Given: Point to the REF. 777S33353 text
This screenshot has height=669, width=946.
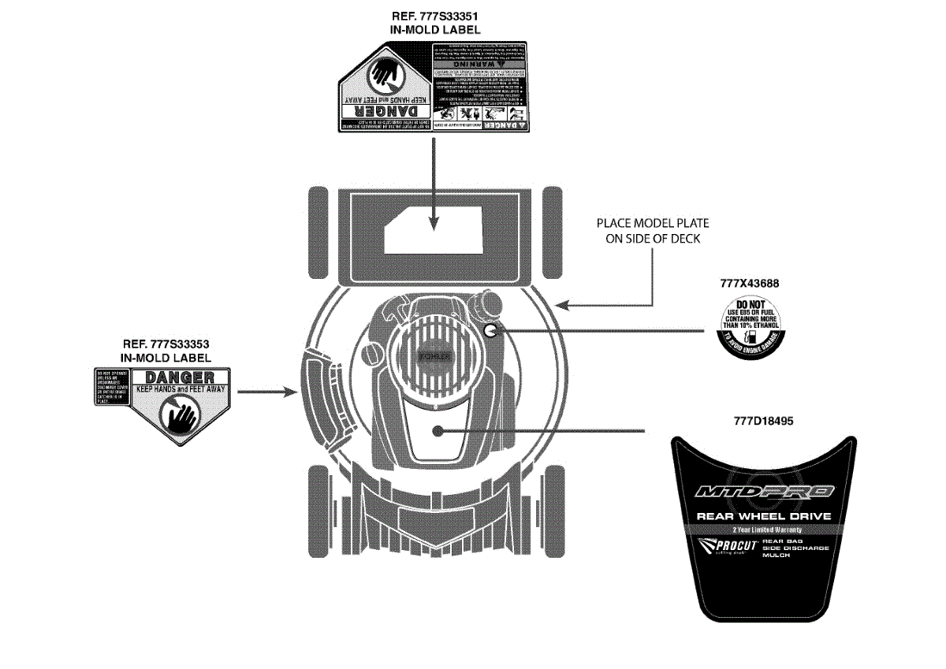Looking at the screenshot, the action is point(166,344).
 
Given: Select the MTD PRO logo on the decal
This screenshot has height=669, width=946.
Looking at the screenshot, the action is point(763,492).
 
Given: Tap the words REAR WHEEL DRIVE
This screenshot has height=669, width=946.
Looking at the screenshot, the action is point(763,516).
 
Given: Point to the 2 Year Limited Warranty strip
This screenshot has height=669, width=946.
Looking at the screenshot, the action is point(763,530).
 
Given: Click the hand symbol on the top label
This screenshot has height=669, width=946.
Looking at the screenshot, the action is point(385,73).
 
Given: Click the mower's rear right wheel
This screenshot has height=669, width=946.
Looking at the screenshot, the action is point(555,232).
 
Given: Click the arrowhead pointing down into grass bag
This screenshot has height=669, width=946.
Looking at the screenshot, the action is point(434,225).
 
